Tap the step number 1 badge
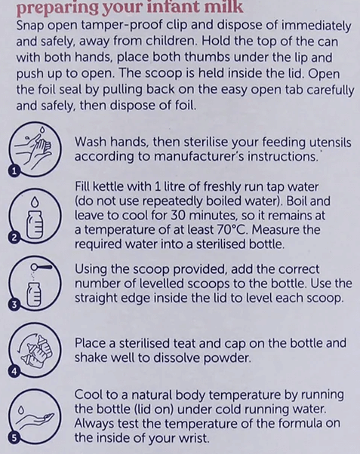click(x=14, y=171)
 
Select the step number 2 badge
click(x=14, y=238)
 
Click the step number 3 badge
click(x=14, y=305)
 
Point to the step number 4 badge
click(x=14, y=371)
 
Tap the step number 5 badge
click(x=14, y=437)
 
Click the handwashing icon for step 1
click(x=34, y=149)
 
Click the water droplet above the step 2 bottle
click(x=35, y=201)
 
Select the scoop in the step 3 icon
click(x=42, y=266)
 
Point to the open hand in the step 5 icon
click(x=34, y=422)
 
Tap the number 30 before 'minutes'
click(x=177, y=216)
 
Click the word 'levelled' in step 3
click(x=162, y=284)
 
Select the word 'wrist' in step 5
click(x=194, y=438)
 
